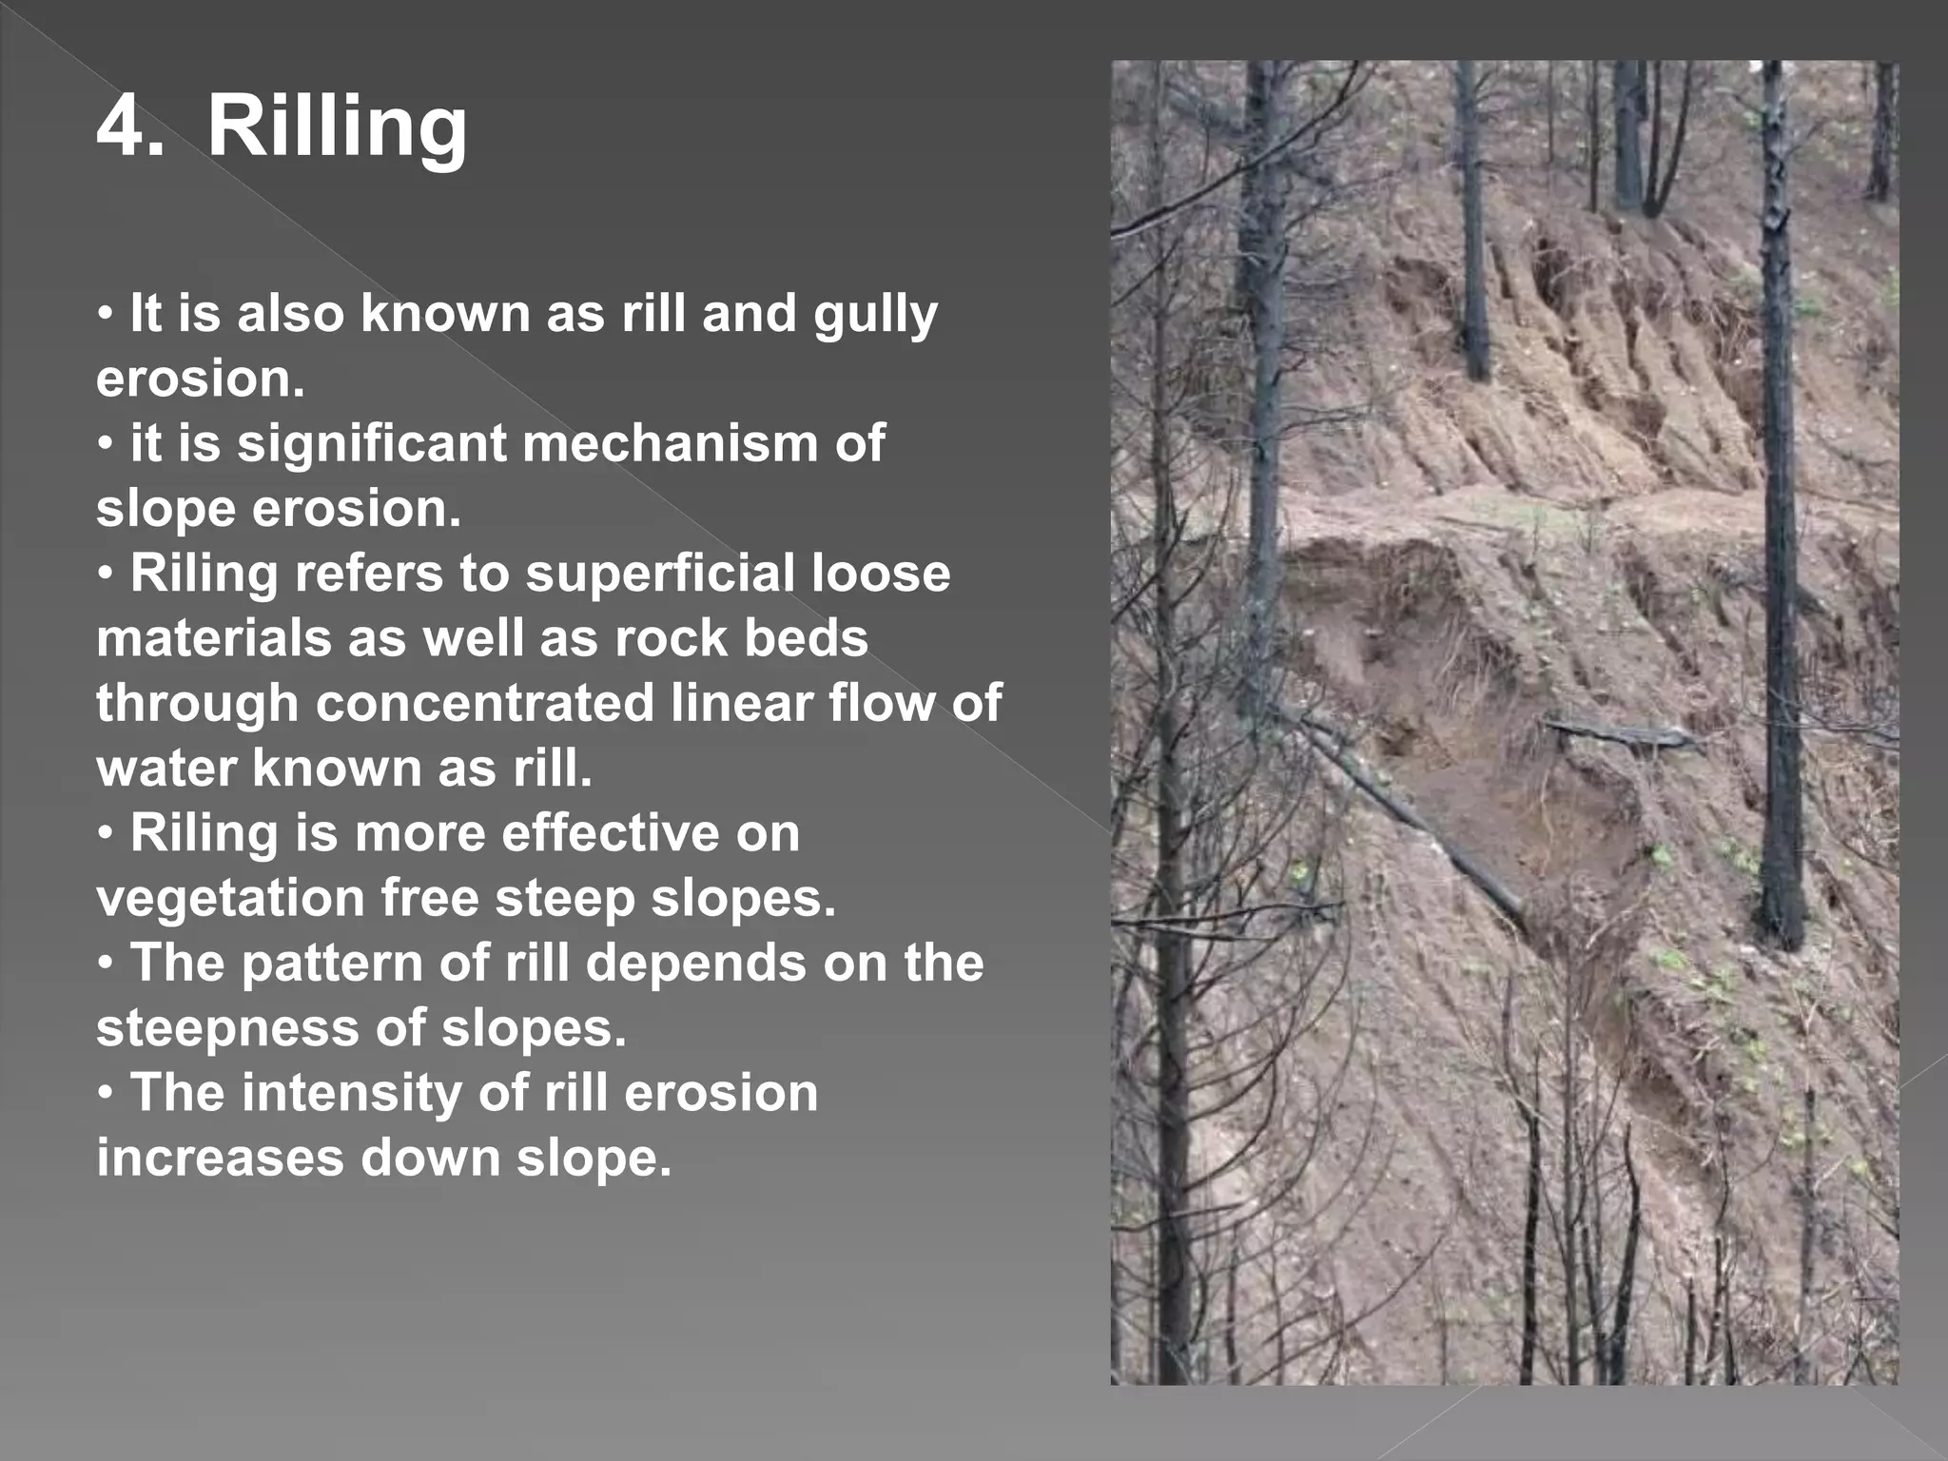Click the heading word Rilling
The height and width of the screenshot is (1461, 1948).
(338, 127)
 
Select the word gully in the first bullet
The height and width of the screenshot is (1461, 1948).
(875, 314)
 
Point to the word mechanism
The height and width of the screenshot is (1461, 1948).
(670, 443)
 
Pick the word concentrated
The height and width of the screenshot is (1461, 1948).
(485, 703)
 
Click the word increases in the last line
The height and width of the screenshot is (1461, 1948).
(220, 1158)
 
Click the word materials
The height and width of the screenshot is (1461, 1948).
(213, 638)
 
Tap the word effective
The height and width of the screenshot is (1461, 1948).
(610, 833)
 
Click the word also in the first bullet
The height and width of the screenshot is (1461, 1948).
(290, 314)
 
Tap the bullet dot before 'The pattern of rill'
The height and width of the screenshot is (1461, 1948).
(107, 964)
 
